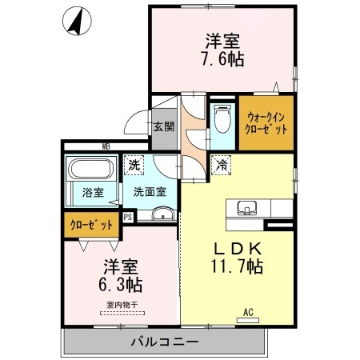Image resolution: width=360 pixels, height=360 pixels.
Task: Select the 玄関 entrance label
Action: coord(164,126)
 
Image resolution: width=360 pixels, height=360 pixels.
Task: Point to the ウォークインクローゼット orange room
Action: coord(266,122)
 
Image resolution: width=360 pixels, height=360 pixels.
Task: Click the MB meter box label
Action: coord(105,146)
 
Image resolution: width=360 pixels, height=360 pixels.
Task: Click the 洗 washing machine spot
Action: coord(134,165)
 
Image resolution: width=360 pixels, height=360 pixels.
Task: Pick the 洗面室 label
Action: coord(150,192)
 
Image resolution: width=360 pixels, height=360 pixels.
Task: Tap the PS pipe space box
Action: coord(128,216)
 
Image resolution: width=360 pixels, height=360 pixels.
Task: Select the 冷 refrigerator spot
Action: coord(220,166)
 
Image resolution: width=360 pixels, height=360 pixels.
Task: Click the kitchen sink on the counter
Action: coord(246,209)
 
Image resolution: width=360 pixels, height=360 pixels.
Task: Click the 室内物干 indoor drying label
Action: coord(122,304)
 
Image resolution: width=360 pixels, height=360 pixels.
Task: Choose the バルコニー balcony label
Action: coord(164,342)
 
